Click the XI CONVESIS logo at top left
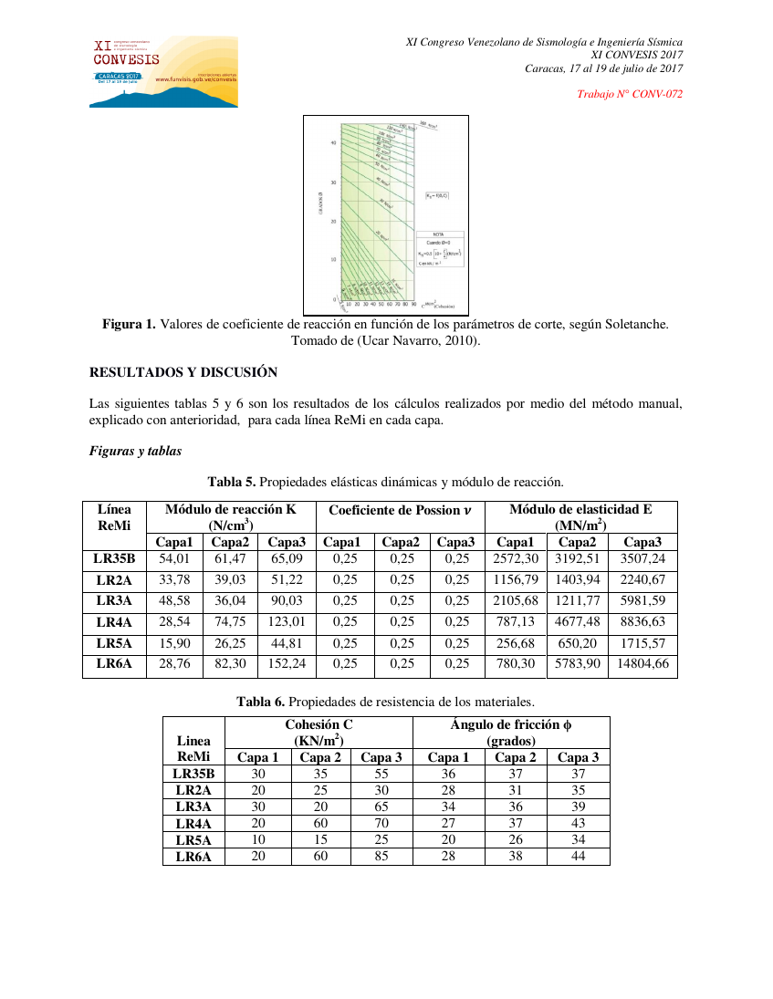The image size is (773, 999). pos(163,72)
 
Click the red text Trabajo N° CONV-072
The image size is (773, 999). pos(630,94)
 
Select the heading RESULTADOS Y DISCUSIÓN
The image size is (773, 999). pos(183,372)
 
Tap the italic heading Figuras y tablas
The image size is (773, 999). pos(135,451)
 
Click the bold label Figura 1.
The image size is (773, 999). pos(129,324)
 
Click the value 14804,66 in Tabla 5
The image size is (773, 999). pos(642,664)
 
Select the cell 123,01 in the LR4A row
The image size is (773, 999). pos(287,622)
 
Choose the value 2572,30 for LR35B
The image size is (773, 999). pos(516,558)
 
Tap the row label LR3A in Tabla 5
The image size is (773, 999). pos(114,600)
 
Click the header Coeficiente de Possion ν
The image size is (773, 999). pos(400,510)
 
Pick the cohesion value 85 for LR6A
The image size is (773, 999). pos(381,857)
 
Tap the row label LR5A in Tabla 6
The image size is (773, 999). pos(193,840)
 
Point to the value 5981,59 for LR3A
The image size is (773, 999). pos(642,600)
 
